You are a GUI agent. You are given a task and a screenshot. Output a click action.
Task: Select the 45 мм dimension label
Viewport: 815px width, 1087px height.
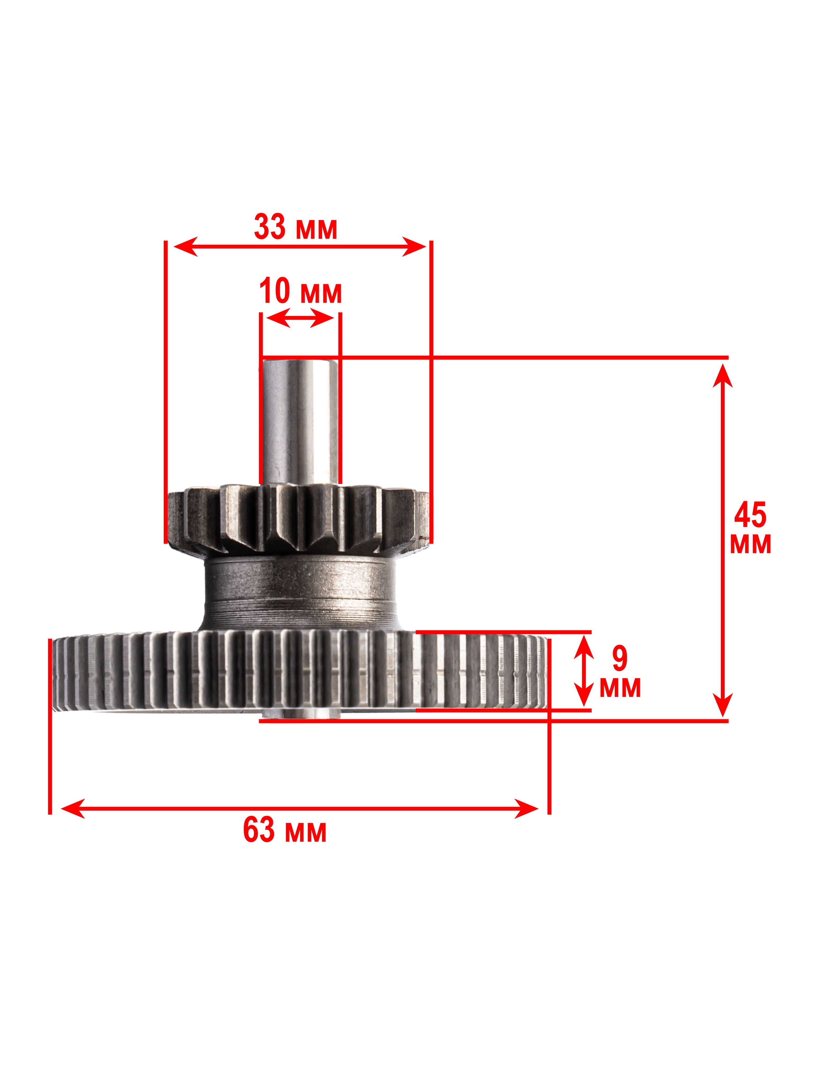pos(750,529)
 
